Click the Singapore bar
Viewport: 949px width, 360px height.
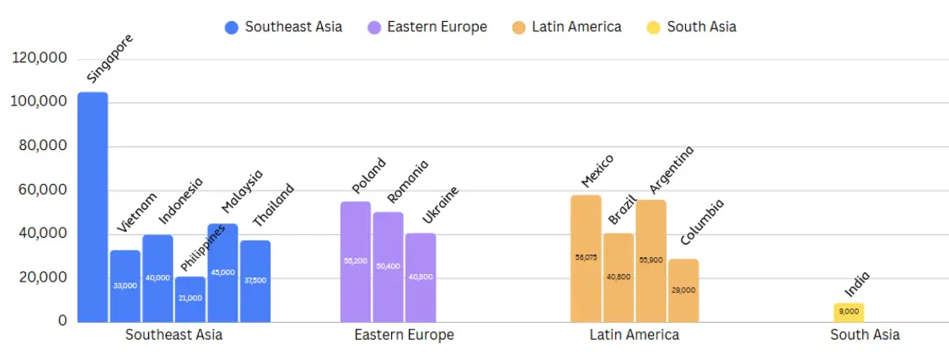(x=93, y=207)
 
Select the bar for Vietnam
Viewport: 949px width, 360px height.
(x=125, y=286)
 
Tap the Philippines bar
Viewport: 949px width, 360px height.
(x=190, y=298)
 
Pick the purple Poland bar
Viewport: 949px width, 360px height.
(x=356, y=261)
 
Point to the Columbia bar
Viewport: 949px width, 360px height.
(x=684, y=290)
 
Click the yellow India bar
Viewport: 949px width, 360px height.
(x=849, y=312)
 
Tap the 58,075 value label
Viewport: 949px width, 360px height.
(x=586, y=257)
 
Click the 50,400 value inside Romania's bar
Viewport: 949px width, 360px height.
(x=388, y=266)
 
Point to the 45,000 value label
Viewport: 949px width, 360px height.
(x=223, y=272)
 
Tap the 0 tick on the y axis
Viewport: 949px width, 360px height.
(x=62, y=321)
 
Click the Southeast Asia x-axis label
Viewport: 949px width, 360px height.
(x=174, y=336)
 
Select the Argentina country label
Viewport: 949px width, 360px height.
(x=672, y=169)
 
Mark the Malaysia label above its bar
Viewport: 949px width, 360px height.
(x=242, y=191)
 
